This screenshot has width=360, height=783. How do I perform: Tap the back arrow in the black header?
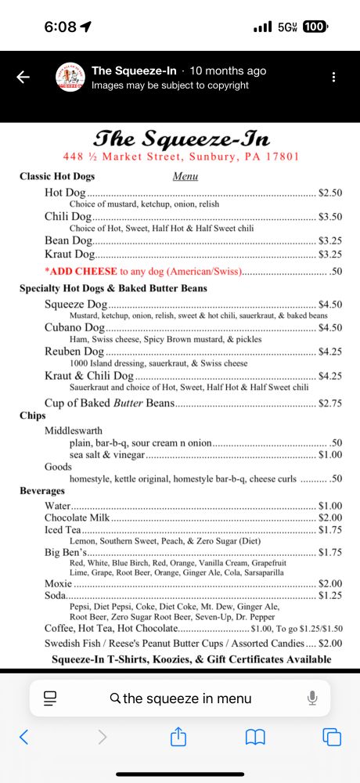23,77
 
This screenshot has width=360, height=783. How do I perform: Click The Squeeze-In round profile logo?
70,77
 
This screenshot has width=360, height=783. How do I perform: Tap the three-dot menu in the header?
334,77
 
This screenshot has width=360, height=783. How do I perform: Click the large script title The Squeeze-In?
182,139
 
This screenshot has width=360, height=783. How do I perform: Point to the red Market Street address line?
182,157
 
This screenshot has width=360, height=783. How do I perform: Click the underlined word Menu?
185,177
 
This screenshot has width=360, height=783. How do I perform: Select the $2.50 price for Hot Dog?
330,193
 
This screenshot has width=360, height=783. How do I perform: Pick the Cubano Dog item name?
74,328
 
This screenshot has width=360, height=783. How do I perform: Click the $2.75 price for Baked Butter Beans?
330,403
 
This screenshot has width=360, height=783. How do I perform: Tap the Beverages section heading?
42,491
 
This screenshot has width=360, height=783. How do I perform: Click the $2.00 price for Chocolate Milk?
330,518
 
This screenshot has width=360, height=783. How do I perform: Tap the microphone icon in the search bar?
312,698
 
